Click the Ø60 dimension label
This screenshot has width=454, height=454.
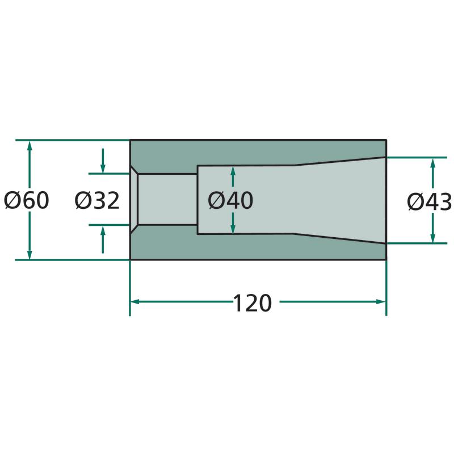point(26,200)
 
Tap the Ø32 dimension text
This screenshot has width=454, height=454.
point(97,200)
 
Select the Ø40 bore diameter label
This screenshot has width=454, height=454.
point(230,200)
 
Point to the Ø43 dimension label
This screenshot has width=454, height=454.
point(430,202)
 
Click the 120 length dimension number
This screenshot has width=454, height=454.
point(252,303)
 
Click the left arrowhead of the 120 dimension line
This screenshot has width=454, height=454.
point(135,302)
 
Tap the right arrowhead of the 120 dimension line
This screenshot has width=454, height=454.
point(381,302)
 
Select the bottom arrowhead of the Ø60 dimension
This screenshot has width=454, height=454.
point(30,254)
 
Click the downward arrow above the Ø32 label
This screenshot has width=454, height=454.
point(103,161)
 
